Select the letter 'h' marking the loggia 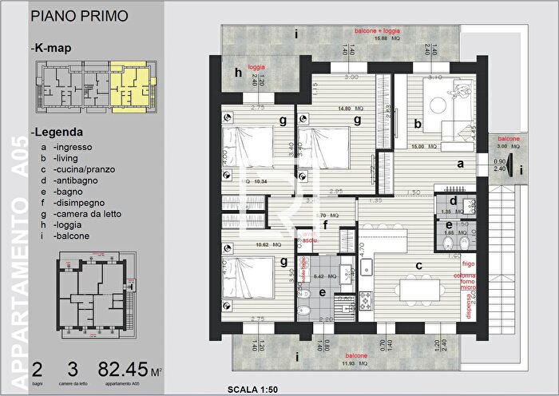[x=238, y=73]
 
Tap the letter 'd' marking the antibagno [x=453, y=201]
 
